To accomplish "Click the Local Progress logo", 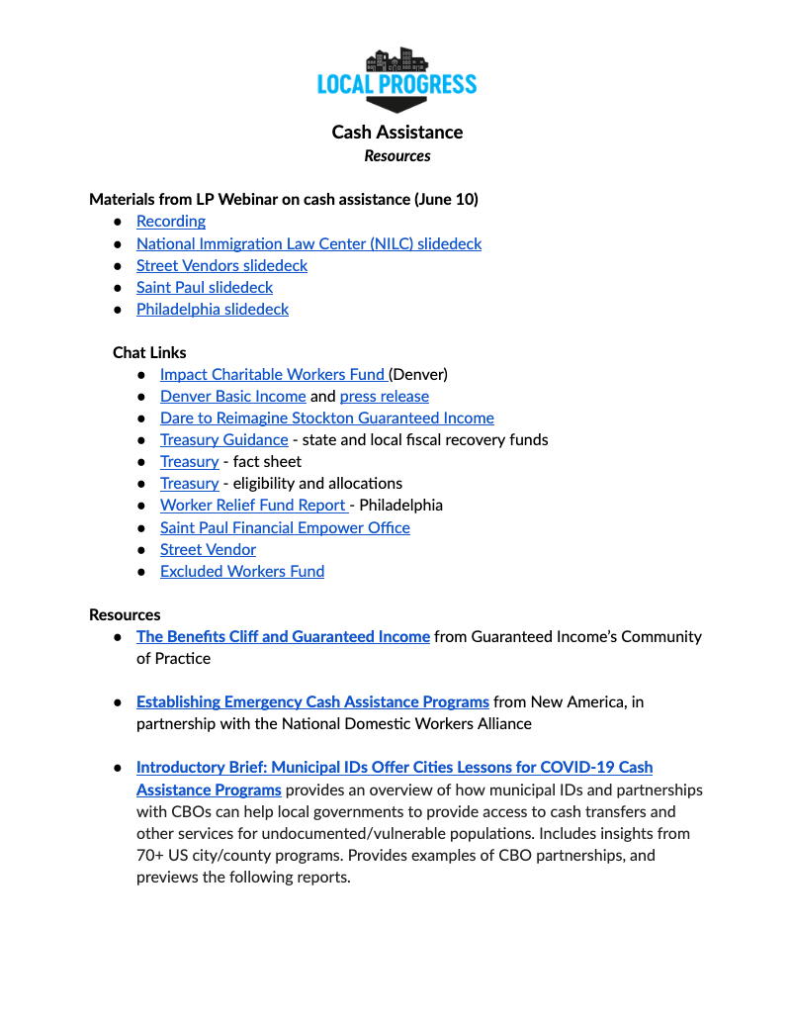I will pyautogui.click(x=396, y=79).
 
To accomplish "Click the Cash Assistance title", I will pyautogui.click(x=396, y=132).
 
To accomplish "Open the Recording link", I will pyautogui.click(x=171, y=222).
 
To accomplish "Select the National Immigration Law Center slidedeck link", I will pyautogui.click(x=308, y=243).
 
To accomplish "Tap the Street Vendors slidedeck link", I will pyautogui.click(x=221, y=265).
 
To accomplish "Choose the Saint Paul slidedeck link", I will pyautogui.click(x=205, y=287).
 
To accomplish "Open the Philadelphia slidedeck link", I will pyautogui.click(x=213, y=309).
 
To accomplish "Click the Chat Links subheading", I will pyautogui.click(x=149, y=352).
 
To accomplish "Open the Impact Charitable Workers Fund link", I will pyautogui.click(x=272, y=374).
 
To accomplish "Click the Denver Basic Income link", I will pyautogui.click(x=232, y=396).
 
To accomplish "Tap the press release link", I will pyautogui.click(x=385, y=396).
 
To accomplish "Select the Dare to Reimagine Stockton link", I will pyautogui.click(x=326, y=418).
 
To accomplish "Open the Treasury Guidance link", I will pyautogui.click(x=224, y=439).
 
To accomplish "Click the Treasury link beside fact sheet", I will pyautogui.click(x=189, y=461).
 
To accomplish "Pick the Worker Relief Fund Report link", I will pyautogui.click(x=252, y=505).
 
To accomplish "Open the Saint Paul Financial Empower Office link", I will pyautogui.click(x=285, y=527).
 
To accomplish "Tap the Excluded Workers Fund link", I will pyautogui.click(x=242, y=571).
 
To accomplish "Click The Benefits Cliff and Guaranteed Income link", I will pyautogui.click(x=283, y=636).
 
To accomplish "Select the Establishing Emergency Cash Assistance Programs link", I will pyautogui.click(x=312, y=701).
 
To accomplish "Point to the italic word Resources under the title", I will pyautogui.click(x=396, y=155).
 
